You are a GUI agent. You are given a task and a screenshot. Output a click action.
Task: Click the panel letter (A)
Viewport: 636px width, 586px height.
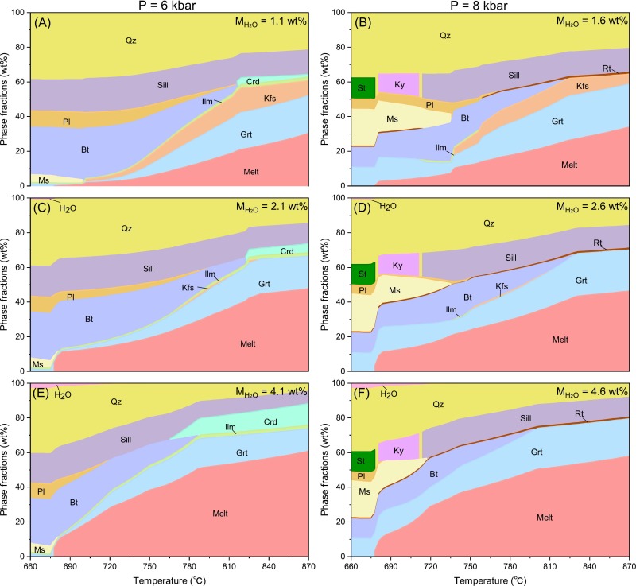[x=43, y=21]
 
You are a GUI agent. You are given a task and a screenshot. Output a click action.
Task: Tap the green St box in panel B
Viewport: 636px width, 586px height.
[x=363, y=86]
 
